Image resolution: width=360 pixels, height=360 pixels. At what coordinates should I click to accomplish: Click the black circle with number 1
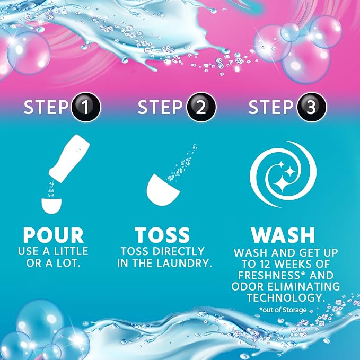tap(86, 107)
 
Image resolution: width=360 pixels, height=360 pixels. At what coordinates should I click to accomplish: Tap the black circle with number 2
tap(201, 107)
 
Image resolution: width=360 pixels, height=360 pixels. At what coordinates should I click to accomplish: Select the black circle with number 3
tap(312, 107)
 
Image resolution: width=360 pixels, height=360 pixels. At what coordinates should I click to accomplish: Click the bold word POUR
tap(53, 235)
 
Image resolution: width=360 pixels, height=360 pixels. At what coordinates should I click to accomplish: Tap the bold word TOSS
tap(162, 235)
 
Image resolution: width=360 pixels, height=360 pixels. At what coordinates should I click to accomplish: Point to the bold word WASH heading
tap(283, 235)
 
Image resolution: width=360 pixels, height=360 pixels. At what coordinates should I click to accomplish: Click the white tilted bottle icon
tap(69, 159)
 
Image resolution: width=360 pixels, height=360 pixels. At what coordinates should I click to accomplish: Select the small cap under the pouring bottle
tap(51, 206)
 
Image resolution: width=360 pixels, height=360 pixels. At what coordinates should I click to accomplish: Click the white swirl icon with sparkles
tap(283, 174)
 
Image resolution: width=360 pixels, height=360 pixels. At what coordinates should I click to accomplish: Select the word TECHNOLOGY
tap(286, 298)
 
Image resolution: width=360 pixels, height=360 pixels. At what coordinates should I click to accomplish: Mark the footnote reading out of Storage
tap(283, 310)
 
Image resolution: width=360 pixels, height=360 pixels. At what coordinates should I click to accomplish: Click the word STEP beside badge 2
tap(160, 107)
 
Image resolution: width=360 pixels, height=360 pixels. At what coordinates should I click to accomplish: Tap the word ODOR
tap(248, 286)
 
